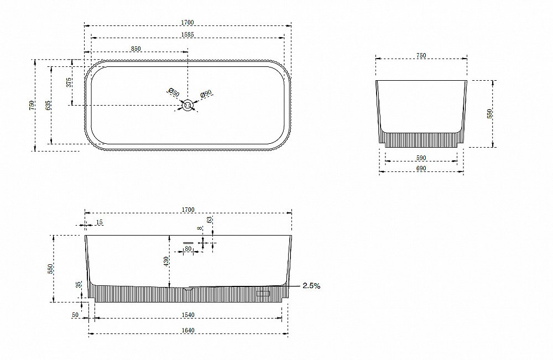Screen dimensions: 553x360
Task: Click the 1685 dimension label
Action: click(187, 34)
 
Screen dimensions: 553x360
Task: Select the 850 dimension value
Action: click(136, 49)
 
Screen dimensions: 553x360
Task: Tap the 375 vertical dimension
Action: click(69, 82)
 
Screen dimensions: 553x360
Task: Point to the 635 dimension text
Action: click(48, 106)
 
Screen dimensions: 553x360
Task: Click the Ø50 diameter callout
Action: click(174, 92)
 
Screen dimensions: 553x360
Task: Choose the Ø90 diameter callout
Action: click(206, 94)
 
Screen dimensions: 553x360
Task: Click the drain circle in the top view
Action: click(187, 105)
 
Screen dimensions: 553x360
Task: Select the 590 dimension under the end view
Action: click(421, 158)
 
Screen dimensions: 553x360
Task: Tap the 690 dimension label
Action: click(421, 169)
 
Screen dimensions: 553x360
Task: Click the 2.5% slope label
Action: click(312, 286)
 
